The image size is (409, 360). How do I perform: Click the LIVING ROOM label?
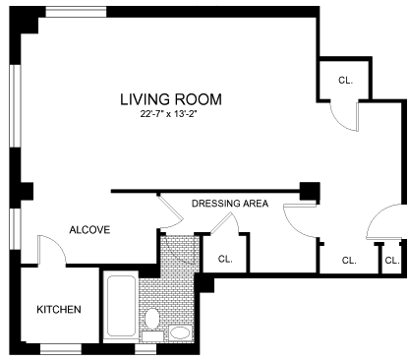coord(171,99)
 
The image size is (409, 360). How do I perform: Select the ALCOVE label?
coord(89,230)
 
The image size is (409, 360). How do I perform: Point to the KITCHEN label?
coord(59,310)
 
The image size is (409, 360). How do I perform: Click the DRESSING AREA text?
coord(230,204)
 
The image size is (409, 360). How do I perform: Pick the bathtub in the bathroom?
coord(121,306)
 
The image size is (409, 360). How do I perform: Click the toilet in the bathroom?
coord(151,319)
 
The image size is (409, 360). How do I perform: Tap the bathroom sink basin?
coord(180,332)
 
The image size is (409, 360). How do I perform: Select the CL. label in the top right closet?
coord(345,80)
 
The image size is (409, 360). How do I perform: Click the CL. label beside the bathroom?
coord(225,259)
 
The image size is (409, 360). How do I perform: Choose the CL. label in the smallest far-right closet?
coord(392,261)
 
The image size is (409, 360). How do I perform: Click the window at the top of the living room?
coord(76,12)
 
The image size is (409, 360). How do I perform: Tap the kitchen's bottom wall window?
coord(61,349)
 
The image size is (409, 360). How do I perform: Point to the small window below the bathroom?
coord(146,349)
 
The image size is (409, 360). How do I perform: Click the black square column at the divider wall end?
coord(310,192)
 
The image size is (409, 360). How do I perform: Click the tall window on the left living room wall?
coord(15,106)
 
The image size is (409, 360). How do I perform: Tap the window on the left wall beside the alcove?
coord(15,229)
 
